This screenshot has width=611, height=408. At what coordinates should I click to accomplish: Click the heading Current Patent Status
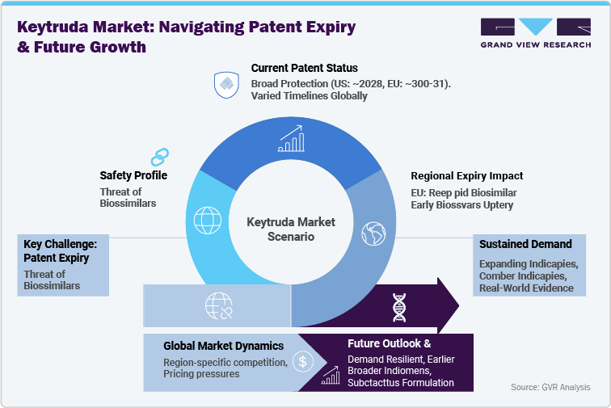[x=304, y=68]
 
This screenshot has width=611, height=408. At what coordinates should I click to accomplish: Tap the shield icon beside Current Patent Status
[x=225, y=84]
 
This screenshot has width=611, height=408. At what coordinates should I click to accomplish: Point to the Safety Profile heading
[x=133, y=175]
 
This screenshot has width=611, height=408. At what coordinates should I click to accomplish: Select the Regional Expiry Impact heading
[x=467, y=175]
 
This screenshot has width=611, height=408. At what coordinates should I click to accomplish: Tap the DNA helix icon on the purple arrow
[x=399, y=305]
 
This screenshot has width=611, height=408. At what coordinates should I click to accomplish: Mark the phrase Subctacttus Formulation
[x=401, y=382]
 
